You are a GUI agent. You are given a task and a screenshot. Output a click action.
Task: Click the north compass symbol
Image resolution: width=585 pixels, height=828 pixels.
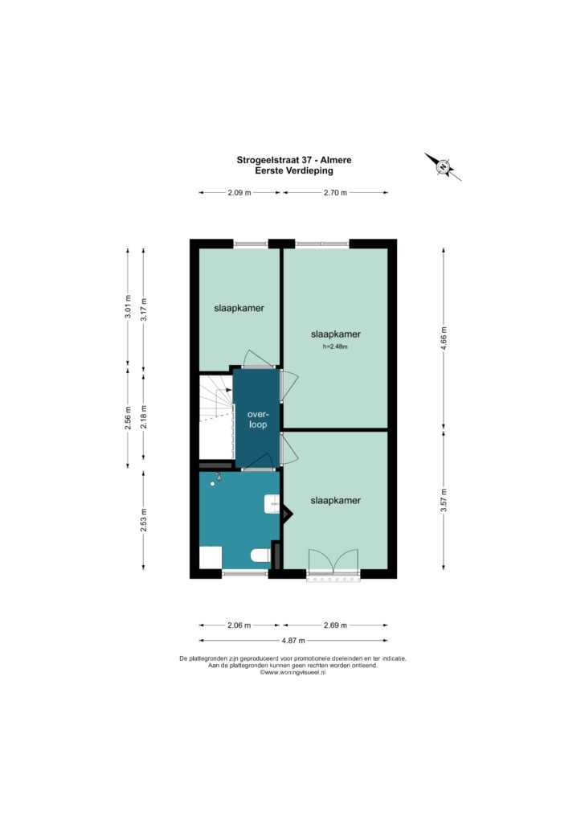443,167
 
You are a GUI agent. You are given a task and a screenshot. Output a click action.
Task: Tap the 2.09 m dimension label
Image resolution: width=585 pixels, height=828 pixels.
239,193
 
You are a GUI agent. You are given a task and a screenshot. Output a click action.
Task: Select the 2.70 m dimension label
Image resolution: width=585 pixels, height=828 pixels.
335,193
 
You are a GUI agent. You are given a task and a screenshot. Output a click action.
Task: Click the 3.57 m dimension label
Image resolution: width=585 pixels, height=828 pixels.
444,499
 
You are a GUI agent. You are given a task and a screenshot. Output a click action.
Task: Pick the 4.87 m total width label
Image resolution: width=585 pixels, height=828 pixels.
293,641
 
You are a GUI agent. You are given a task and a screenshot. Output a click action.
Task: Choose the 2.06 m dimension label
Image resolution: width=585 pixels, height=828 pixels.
239,625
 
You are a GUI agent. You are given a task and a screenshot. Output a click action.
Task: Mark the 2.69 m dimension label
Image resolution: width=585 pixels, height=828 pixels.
335,625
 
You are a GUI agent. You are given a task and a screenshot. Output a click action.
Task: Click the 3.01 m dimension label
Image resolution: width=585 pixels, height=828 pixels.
128,307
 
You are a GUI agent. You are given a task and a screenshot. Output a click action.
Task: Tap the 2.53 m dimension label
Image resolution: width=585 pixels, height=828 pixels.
144,520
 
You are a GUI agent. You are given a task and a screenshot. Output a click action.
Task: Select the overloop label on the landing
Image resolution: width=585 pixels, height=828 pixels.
258,420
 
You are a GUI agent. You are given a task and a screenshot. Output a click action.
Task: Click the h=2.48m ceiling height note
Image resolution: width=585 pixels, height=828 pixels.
335,347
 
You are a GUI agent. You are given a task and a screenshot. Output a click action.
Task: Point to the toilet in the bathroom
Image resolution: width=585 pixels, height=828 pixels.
260,555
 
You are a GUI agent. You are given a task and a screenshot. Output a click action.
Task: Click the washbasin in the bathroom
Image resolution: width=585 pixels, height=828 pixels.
272,504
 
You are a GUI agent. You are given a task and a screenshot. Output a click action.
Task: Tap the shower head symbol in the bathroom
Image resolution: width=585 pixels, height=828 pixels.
216,479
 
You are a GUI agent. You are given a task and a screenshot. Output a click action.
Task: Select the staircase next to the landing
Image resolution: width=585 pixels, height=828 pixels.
216,417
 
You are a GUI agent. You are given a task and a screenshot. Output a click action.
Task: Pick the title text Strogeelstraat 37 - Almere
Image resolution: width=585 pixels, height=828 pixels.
293,160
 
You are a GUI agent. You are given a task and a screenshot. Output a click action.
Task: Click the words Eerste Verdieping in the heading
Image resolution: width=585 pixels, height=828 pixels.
293,170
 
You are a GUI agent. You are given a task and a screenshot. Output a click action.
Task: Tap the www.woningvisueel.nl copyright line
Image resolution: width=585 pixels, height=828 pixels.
292,673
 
